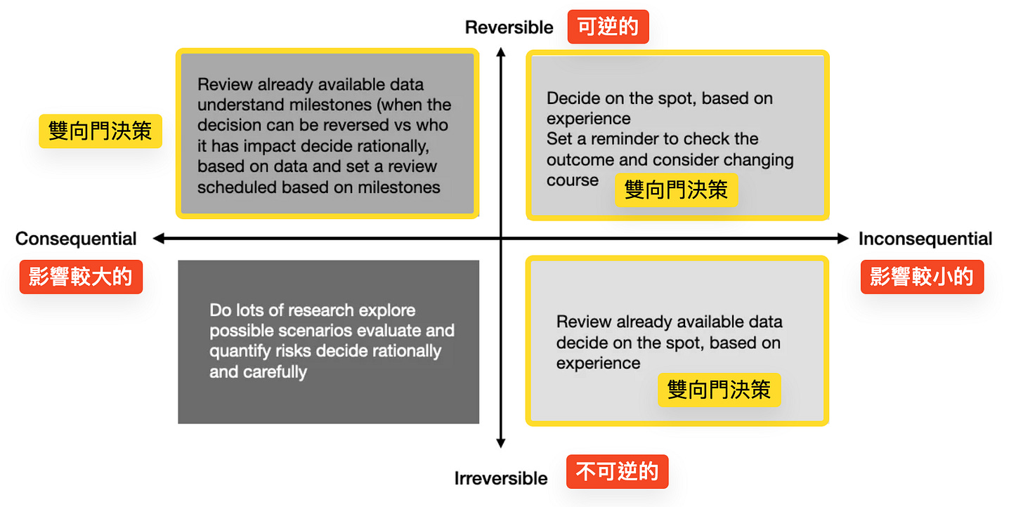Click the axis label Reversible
[x=509, y=27]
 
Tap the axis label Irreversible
[x=500, y=478]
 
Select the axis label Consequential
[x=76, y=239]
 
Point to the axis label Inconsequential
[x=925, y=239]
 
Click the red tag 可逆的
[x=608, y=27]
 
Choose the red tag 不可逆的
[x=617, y=471]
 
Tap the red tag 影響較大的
[x=80, y=277]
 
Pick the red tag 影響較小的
[x=921, y=277]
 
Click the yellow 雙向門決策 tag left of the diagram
[x=100, y=131]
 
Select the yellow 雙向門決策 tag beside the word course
[x=676, y=190]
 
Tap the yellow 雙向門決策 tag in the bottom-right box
[x=719, y=389]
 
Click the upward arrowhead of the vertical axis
[x=500, y=52]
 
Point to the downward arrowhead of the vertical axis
[x=500, y=442]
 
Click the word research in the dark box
[x=320, y=310]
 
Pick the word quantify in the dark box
[x=239, y=351]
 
